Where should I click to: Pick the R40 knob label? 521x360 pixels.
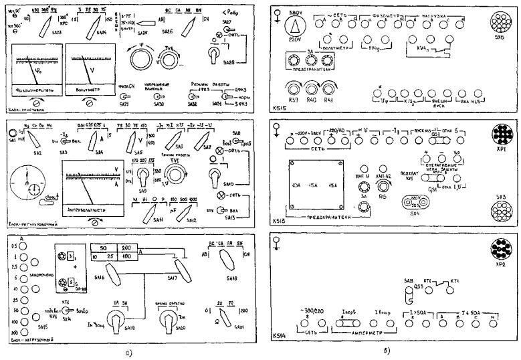coord(312,98)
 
